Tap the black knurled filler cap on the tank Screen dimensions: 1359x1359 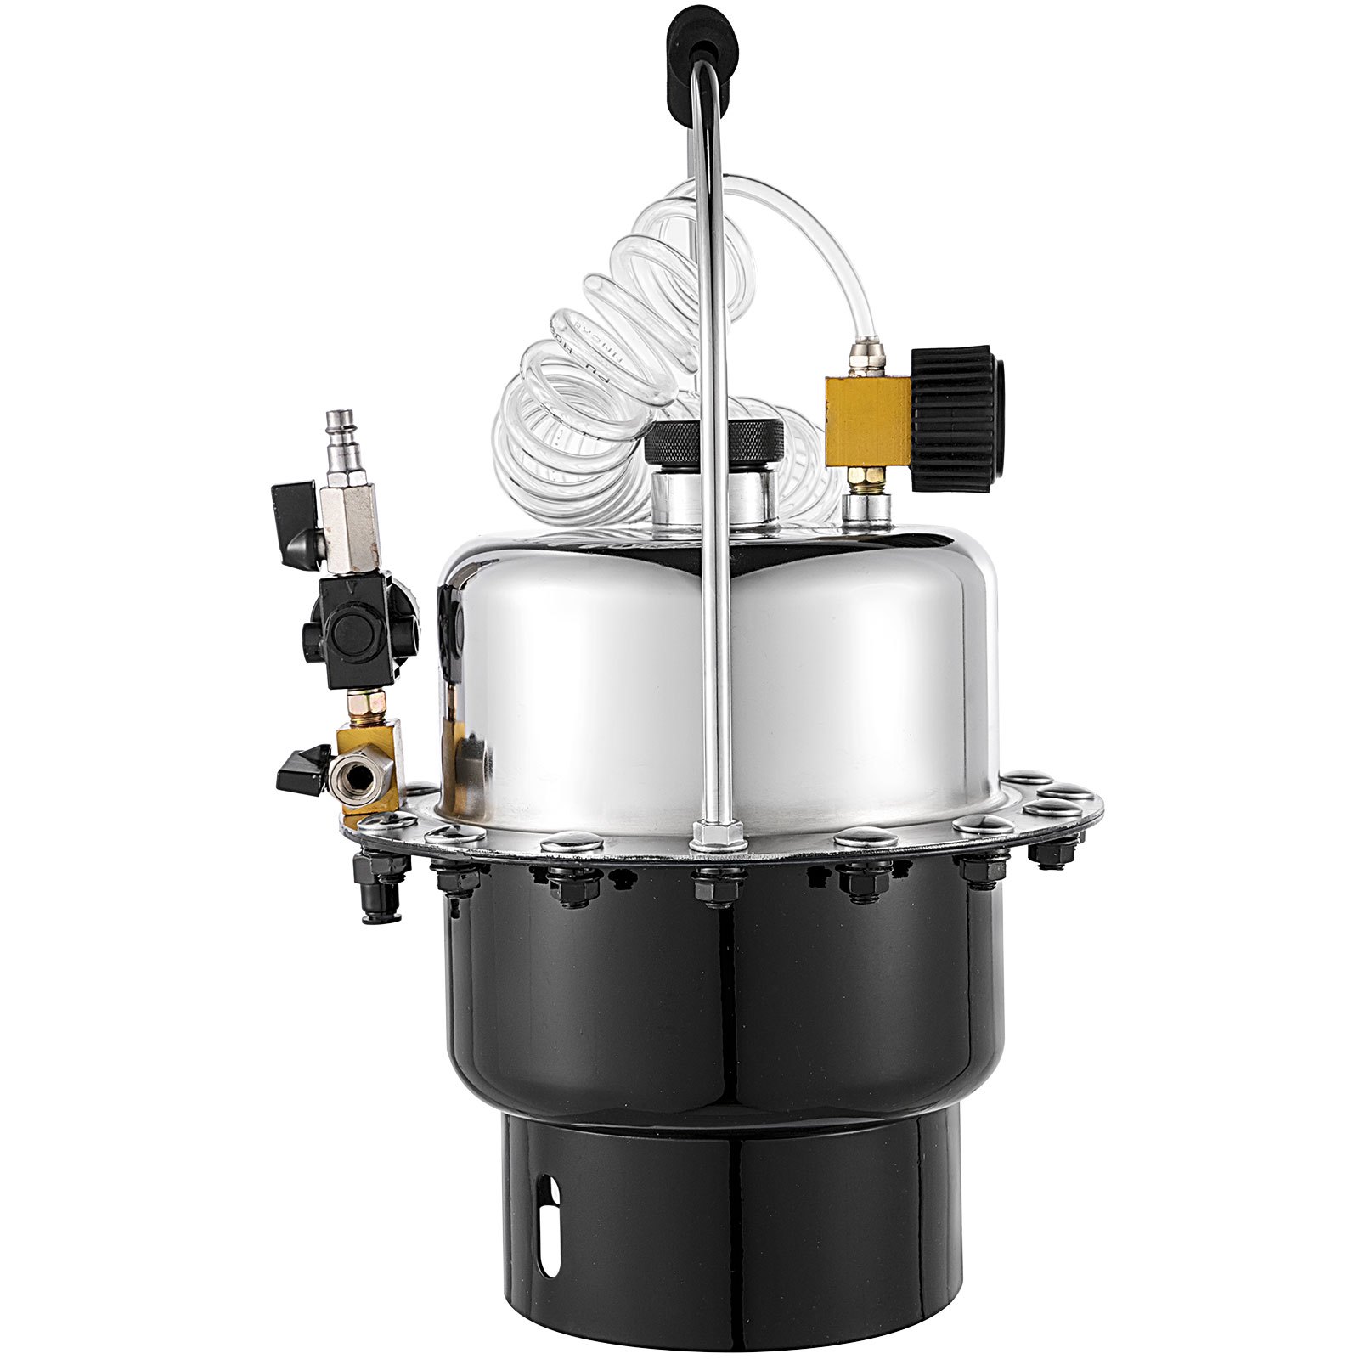coord(714,443)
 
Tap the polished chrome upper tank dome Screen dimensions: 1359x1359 coord(595,671)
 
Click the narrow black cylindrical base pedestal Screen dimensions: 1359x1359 coord(730,1223)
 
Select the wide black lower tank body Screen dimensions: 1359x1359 coord(730,1002)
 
